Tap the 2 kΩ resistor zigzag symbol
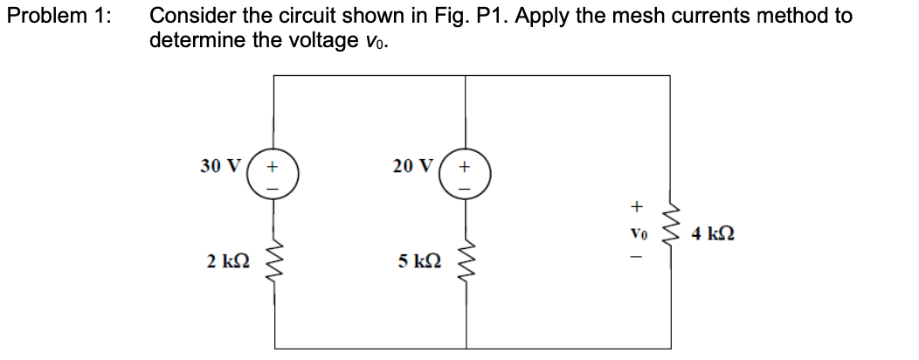(x=273, y=260)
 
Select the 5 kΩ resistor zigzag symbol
(x=466, y=260)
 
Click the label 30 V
(x=218, y=165)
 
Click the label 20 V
(x=411, y=165)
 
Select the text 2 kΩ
(x=225, y=260)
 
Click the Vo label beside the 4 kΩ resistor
(x=637, y=234)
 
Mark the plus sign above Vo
(x=637, y=207)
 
